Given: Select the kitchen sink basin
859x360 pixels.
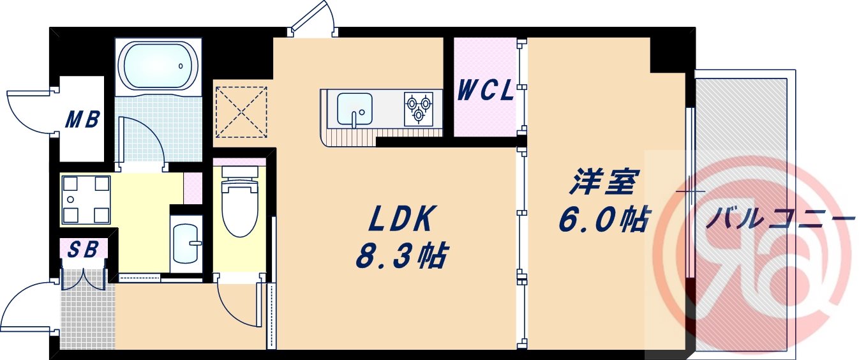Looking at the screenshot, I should pyautogui.click(x=354, y=109).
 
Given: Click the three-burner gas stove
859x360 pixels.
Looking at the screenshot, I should pyautogui.click(x=418, y=107).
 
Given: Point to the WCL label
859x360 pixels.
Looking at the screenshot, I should pyautogui.click(x=486, y=91).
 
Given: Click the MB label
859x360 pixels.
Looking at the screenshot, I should pyautogui.click(x=83, y=119).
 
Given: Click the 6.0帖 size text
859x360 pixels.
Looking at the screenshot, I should pyautogui.click(x=604, y=220).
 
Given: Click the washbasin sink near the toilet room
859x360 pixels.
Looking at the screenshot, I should pyautogui.click(x=186, y=243).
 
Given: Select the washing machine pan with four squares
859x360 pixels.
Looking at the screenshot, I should pyautogui.click(x=85, y=199).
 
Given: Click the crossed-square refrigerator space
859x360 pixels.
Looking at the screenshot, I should pyautogui.click(x=241, y=112).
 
